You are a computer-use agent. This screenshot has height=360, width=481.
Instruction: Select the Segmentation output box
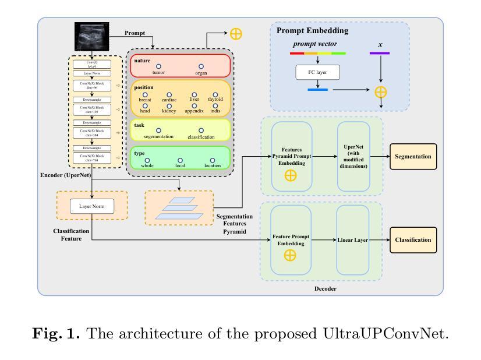(413, 156)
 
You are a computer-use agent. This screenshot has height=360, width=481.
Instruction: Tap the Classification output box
(413, 239)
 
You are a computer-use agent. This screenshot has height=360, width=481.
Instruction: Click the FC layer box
(317, 73)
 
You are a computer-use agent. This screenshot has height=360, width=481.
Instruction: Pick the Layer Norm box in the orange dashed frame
(91, 206)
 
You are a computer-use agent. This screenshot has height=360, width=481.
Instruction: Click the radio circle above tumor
(158, 66)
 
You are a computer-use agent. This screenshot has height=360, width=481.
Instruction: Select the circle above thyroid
(215, 94)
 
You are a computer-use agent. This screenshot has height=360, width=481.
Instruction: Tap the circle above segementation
(158, 130)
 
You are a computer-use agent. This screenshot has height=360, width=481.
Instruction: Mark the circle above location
(213, 160)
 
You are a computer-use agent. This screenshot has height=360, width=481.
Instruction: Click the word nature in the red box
(142, 61)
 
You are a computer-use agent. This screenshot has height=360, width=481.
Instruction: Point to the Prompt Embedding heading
(312, 31)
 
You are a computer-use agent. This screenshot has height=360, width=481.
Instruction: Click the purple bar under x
(380, 54)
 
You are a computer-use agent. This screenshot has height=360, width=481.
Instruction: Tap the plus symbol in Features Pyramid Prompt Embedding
(291, 175)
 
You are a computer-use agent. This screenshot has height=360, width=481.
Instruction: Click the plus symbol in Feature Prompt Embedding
(291, 255)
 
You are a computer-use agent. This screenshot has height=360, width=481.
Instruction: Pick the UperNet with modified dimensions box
(353, 156)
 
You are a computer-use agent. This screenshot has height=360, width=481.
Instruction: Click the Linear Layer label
(353, 239)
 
